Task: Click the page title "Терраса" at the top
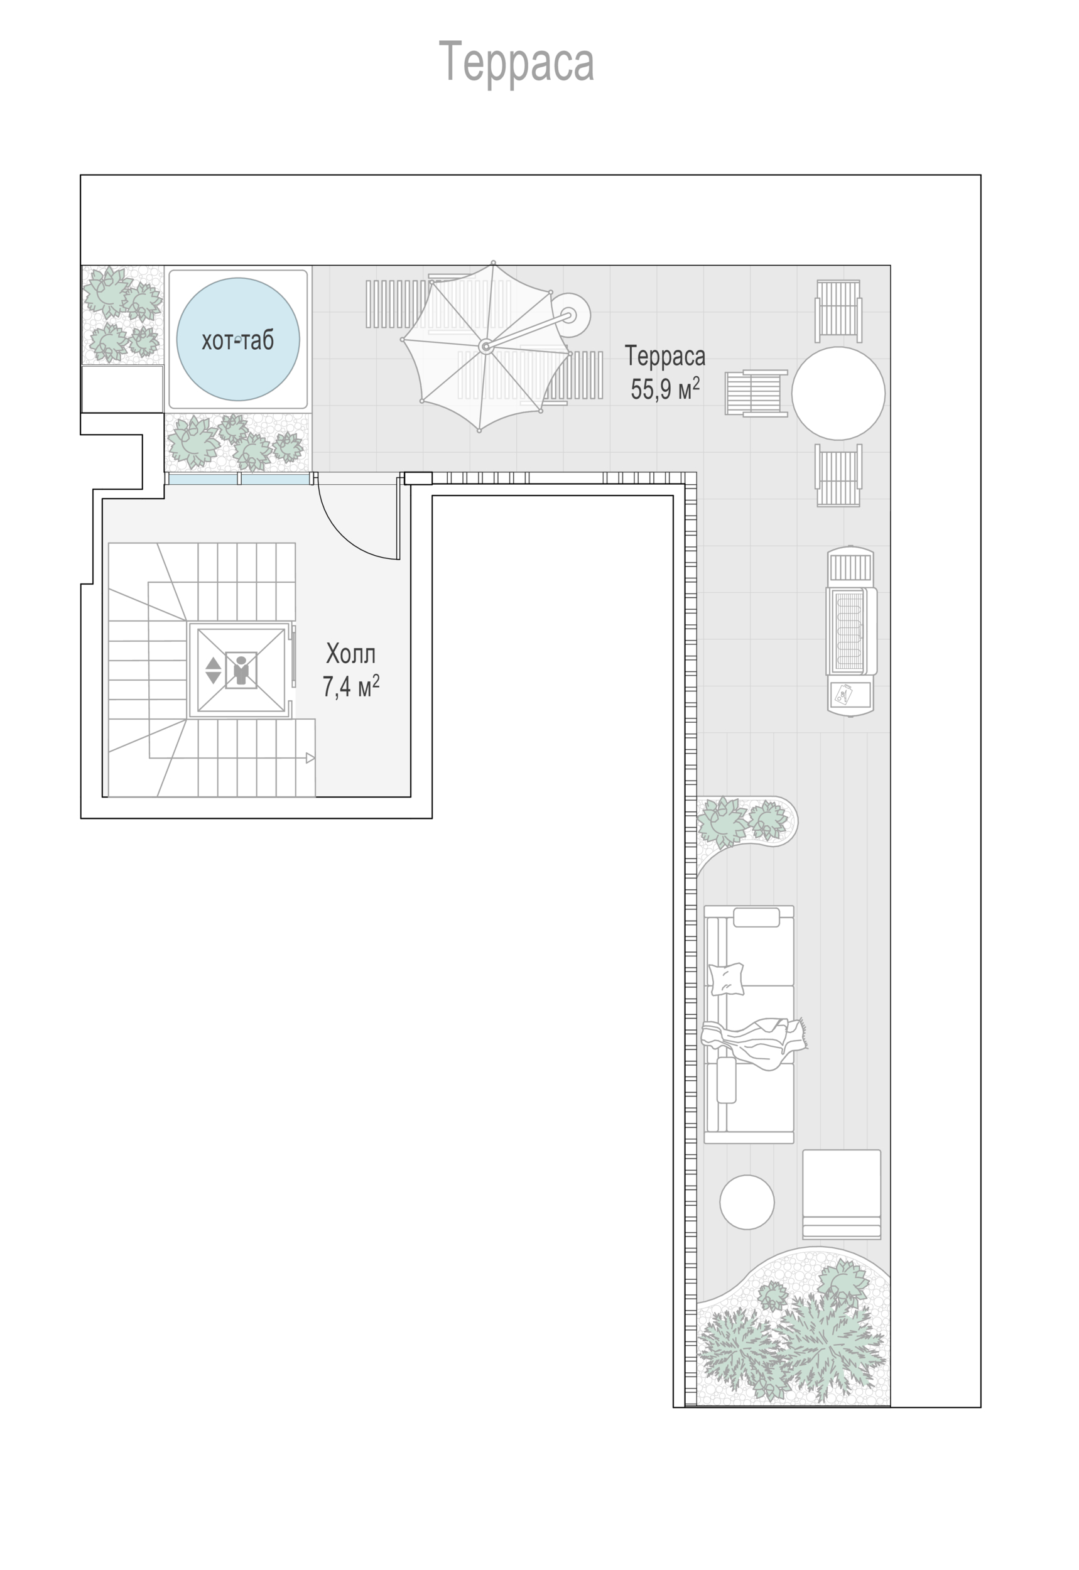click(x=516, y=63)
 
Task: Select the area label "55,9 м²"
click(x=664, y=389)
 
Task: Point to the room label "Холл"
click(x=351, y=654)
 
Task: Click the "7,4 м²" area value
click(x=351, y=686)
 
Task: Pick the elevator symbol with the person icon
click(x=241, y=670)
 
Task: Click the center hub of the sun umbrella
click(x=485, y=347)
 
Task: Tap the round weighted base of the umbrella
click(x=569, y=315)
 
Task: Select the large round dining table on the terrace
click(x=838, y=393)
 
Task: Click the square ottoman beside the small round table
click(x=842, y=1194)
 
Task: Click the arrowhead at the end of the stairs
click(x=310, y=758)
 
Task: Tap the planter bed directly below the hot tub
click(x=238, y=443)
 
